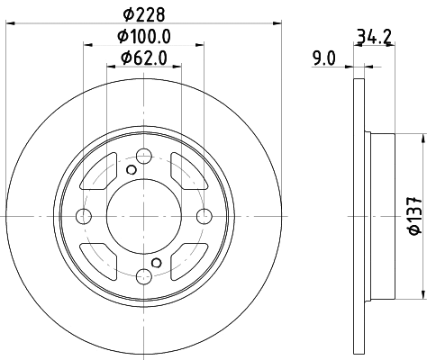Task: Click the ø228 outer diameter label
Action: [144, 13]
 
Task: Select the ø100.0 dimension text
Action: [144, 38]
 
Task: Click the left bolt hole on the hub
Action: [84, 216]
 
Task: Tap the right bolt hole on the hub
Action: [204, 216]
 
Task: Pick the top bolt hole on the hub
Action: [144, 156]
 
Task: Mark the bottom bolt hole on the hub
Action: [144, 275]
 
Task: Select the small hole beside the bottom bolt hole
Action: [157, 263]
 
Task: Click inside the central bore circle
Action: [144, 216]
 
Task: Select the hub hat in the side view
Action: [382, 216]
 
